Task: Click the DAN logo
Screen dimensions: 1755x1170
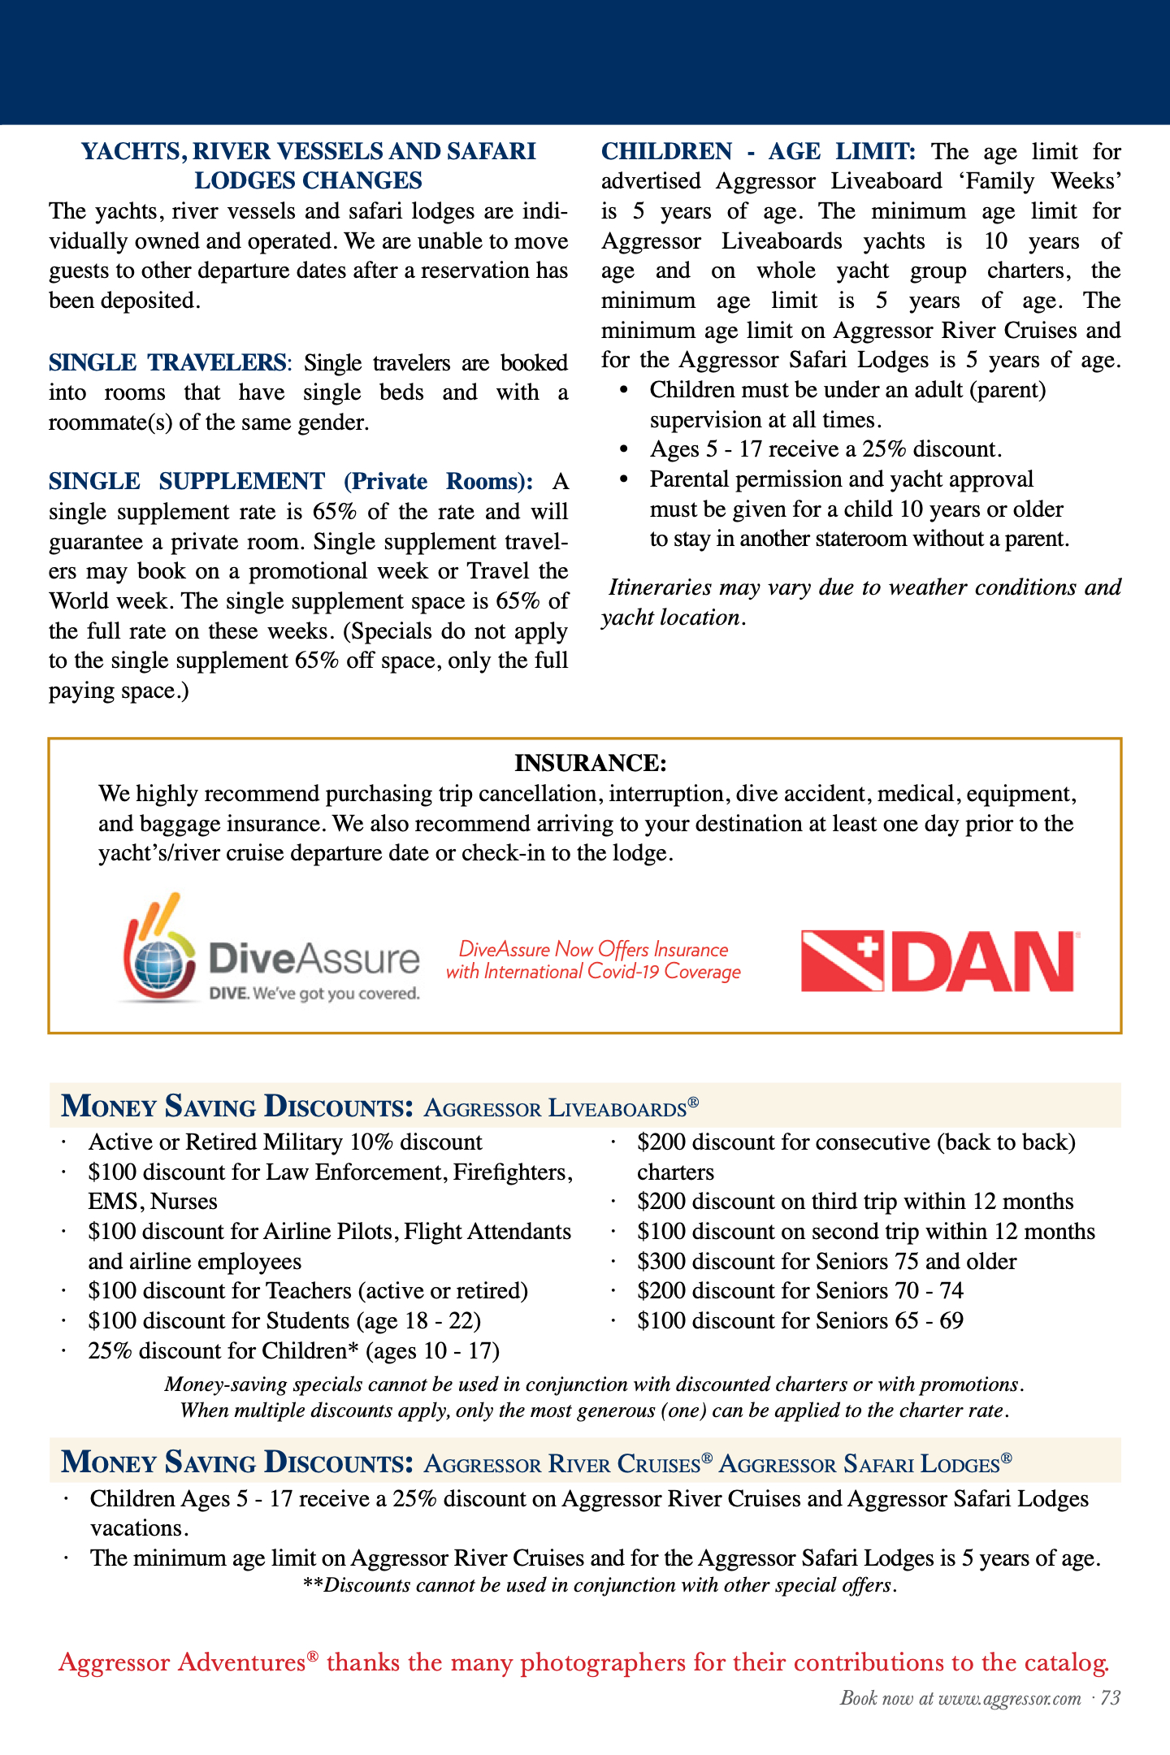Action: (938, 961)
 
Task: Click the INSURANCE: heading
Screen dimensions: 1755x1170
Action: (591, 763)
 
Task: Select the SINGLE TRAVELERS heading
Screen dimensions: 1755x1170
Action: (167, 362)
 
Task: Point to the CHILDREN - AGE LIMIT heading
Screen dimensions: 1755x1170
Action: (758, 152)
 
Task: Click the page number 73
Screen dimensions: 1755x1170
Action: (1111, 1698)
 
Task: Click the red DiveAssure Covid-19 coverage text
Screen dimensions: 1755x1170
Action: (593, 960)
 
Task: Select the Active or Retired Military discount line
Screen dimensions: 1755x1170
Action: (285, 1142)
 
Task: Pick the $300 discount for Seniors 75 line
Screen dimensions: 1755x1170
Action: (826, 1261)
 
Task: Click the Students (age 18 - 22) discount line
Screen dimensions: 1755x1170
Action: (284, 1321)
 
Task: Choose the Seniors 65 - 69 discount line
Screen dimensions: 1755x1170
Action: (800, 1321)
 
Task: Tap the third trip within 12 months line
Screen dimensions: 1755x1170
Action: (855, 1202)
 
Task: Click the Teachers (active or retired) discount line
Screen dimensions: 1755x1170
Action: (308, 1291)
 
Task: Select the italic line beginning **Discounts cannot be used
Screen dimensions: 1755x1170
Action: (600, 1585)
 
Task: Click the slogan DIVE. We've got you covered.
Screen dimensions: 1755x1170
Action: (314, 994)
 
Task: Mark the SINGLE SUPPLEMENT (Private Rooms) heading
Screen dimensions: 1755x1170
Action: (291, 482)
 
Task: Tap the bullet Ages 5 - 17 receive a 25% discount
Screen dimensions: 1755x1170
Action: (825, 449)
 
